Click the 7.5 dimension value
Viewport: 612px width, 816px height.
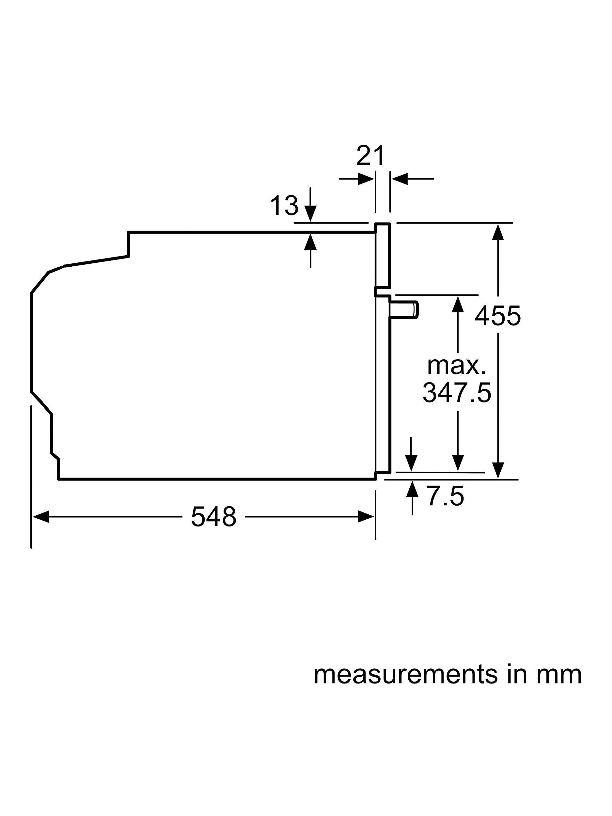(445, 496)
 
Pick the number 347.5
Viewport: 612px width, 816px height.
(457, 393)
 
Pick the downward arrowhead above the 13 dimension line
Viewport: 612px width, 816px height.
(311, 214)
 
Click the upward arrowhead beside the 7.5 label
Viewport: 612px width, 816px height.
(412, 489)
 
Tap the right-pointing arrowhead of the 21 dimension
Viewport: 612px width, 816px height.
(365, 179)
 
